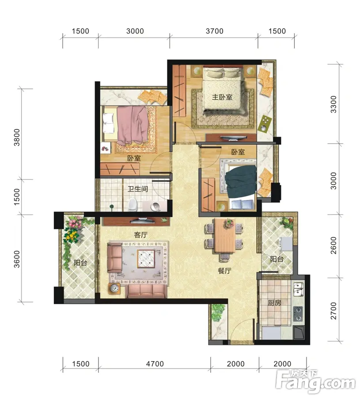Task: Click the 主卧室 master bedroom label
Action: (222, 97)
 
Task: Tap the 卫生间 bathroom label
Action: (138, 189)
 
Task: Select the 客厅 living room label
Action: (141, 235)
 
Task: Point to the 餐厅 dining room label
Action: (224, 271)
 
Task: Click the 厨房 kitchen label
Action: (275, 302)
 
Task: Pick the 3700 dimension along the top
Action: (215, 31)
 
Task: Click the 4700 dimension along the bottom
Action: (155, 364)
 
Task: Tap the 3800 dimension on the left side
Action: (17, 138)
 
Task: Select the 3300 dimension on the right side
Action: (333, 104)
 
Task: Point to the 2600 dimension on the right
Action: (333, 245)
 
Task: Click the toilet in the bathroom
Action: (133, 205)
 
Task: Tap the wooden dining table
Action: (225, 236)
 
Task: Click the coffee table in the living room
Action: (146, 258)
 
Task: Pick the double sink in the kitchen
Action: (299, 290)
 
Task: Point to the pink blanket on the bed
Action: (133, 125)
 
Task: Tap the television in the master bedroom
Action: (234, 138)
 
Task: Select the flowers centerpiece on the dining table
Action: (229, 223)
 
